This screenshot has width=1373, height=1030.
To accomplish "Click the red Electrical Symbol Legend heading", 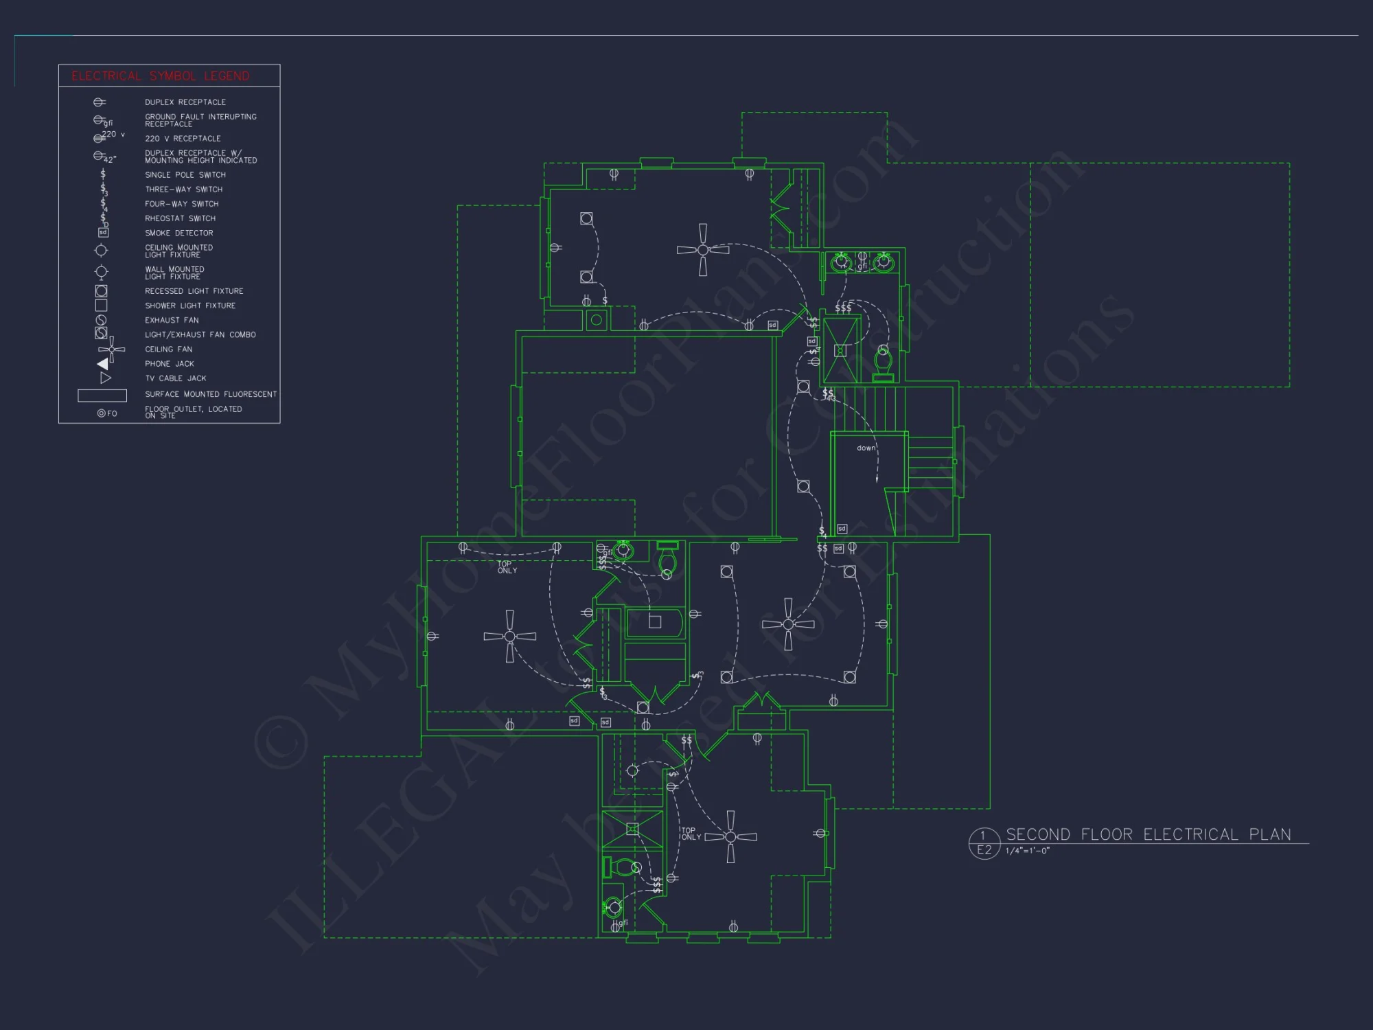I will click(160, 76).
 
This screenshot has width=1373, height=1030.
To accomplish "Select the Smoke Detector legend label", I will click(178, 233).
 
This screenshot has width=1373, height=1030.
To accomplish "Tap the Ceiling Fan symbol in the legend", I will click(111, 350).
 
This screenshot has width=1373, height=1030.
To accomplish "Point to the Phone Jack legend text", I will click(169, 364).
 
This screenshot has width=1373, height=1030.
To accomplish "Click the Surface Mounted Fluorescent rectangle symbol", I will click(102, 396).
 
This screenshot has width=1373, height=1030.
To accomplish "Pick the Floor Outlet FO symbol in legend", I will click(106, 413).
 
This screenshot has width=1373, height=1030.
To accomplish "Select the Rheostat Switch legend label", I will click(180, 218).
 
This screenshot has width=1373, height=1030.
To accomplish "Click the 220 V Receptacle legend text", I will click(183, 139).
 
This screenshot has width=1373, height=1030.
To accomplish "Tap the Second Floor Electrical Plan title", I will click(1148, 834).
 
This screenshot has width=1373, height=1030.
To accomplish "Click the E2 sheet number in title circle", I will click(984, 850).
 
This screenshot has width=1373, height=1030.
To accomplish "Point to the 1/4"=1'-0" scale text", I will click(1027, 851).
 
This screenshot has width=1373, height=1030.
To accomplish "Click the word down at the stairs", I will click(866, 448).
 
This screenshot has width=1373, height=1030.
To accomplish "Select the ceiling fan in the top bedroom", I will click(702, 250).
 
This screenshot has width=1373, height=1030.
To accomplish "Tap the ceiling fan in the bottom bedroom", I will click(730, 836).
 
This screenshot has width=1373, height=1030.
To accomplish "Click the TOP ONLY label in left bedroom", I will click(507, 567).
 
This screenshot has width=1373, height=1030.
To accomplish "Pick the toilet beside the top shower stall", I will click(883, 362).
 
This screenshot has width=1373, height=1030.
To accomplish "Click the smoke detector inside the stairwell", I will click(842, 529).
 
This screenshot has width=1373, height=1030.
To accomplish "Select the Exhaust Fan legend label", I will click(172, 321).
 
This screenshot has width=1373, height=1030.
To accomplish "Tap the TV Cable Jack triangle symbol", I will click(105, 378).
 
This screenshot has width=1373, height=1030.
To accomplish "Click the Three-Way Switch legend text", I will click(183, 190).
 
